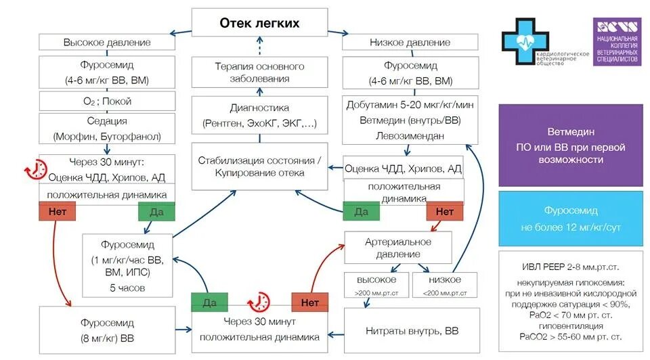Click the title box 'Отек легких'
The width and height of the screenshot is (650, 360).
point(259,24)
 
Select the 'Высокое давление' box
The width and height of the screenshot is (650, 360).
point(107,43)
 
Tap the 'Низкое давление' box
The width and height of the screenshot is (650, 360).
point(410,43)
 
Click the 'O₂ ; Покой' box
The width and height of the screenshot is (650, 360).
point(107,102)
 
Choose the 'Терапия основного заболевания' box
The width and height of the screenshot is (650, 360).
point(259,72)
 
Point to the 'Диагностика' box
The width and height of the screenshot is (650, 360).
point(259,116)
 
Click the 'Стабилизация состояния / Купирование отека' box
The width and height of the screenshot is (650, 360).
point(259,166)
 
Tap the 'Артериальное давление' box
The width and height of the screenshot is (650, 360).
point(398,248)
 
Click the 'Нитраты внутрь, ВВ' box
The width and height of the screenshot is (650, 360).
point(411,332)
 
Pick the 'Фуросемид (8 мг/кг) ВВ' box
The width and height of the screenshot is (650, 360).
point(107,330)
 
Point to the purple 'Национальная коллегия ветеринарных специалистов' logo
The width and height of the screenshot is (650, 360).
point(617,41)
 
